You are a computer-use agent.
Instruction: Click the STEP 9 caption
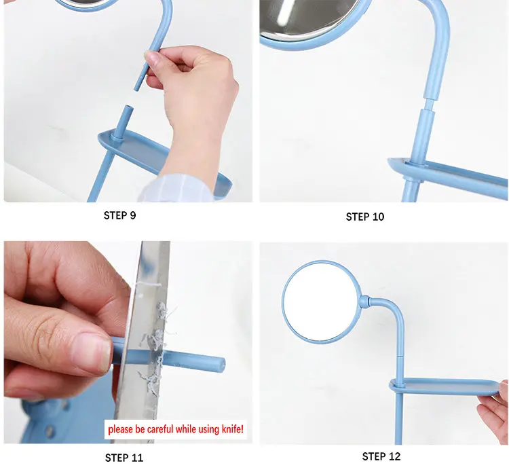tap(119, 215)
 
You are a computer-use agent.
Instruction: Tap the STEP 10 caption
tap(365, 217)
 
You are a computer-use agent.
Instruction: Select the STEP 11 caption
tap(124, 458)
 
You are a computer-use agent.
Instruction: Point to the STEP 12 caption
tap(381, 456)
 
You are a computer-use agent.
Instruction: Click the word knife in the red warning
tap(232, 429)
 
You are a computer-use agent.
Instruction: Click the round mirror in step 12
tap(322, 302)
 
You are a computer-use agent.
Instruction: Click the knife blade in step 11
tap(147, 341)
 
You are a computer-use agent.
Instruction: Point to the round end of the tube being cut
tap(221, 364)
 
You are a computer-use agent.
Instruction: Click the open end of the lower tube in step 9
tap(129, 107)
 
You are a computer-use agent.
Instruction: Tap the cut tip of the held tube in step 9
tap(137, 88)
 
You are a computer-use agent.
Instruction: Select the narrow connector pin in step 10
tap(428, 104)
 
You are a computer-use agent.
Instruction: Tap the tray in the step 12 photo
tap(448, 386)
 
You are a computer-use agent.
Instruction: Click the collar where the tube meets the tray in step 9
tap(116, 139)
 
